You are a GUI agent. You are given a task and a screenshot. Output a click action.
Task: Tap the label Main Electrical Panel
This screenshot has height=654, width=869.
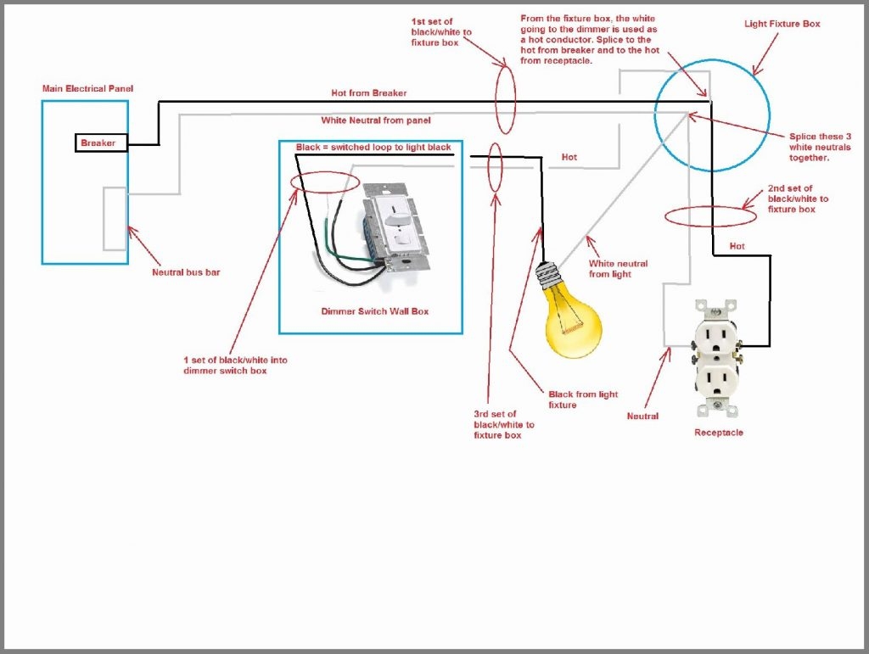click(x=87, y=88)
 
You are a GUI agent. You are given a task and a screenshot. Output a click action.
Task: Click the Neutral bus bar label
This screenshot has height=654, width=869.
click(x=186, y=272)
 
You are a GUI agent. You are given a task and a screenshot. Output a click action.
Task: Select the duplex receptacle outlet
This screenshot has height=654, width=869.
click(x=717, y=357)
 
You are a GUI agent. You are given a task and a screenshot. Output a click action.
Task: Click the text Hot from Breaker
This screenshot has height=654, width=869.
click(x=368, y=92)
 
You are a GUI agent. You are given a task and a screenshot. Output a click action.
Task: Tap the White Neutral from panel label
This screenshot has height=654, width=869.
click(x=375, y=120)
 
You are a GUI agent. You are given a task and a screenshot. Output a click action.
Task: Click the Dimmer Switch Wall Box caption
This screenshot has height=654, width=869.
click(x=374, y=311)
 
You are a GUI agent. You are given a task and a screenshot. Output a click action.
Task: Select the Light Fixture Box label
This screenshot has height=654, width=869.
click(x=782, y=24)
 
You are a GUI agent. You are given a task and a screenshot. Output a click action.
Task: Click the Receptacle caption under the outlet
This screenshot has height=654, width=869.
click(x=718, y=433)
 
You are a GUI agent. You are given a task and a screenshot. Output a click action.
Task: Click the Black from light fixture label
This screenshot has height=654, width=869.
click(x=583, y=400)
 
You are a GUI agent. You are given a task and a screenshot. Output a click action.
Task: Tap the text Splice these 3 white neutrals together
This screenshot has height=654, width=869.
click(x=820, y=147)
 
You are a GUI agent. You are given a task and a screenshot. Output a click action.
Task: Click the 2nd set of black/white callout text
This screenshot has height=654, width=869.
click(x=797, y=198)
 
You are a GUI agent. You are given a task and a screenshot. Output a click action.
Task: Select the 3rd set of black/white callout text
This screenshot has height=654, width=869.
click(x=504, y=424)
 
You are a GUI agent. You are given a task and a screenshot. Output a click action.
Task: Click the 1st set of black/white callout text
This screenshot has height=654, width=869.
click(x=441, y=31)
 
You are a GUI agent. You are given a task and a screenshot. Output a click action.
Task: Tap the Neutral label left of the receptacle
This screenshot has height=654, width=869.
click(x=642, y=416)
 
